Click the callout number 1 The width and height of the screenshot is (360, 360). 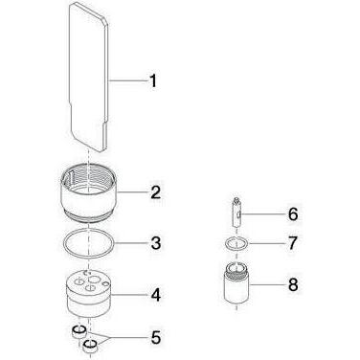(x=153, y=80)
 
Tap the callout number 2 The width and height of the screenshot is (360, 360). (x=155, y=192)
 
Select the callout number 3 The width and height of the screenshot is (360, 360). (x=155, y=243)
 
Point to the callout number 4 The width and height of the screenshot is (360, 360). (x=155, y=295)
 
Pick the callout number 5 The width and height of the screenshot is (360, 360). (x=156, y=338)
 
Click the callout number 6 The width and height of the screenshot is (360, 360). (x=293, y=214)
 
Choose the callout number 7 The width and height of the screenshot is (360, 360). (x=293, y=243)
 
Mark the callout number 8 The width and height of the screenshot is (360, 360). (x=293, y=284)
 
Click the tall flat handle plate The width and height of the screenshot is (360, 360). (x=89, y=77)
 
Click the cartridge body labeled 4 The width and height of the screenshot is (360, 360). (x=89, y=294)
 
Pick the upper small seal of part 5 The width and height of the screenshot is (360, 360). (x=79, y=332)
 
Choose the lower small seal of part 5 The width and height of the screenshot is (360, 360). (x=90, y=347)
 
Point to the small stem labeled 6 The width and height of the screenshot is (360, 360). (x=236, y=213)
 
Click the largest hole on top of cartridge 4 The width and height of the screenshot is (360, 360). (x=94, y=280)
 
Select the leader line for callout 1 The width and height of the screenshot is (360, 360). (x=128, y=80)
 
